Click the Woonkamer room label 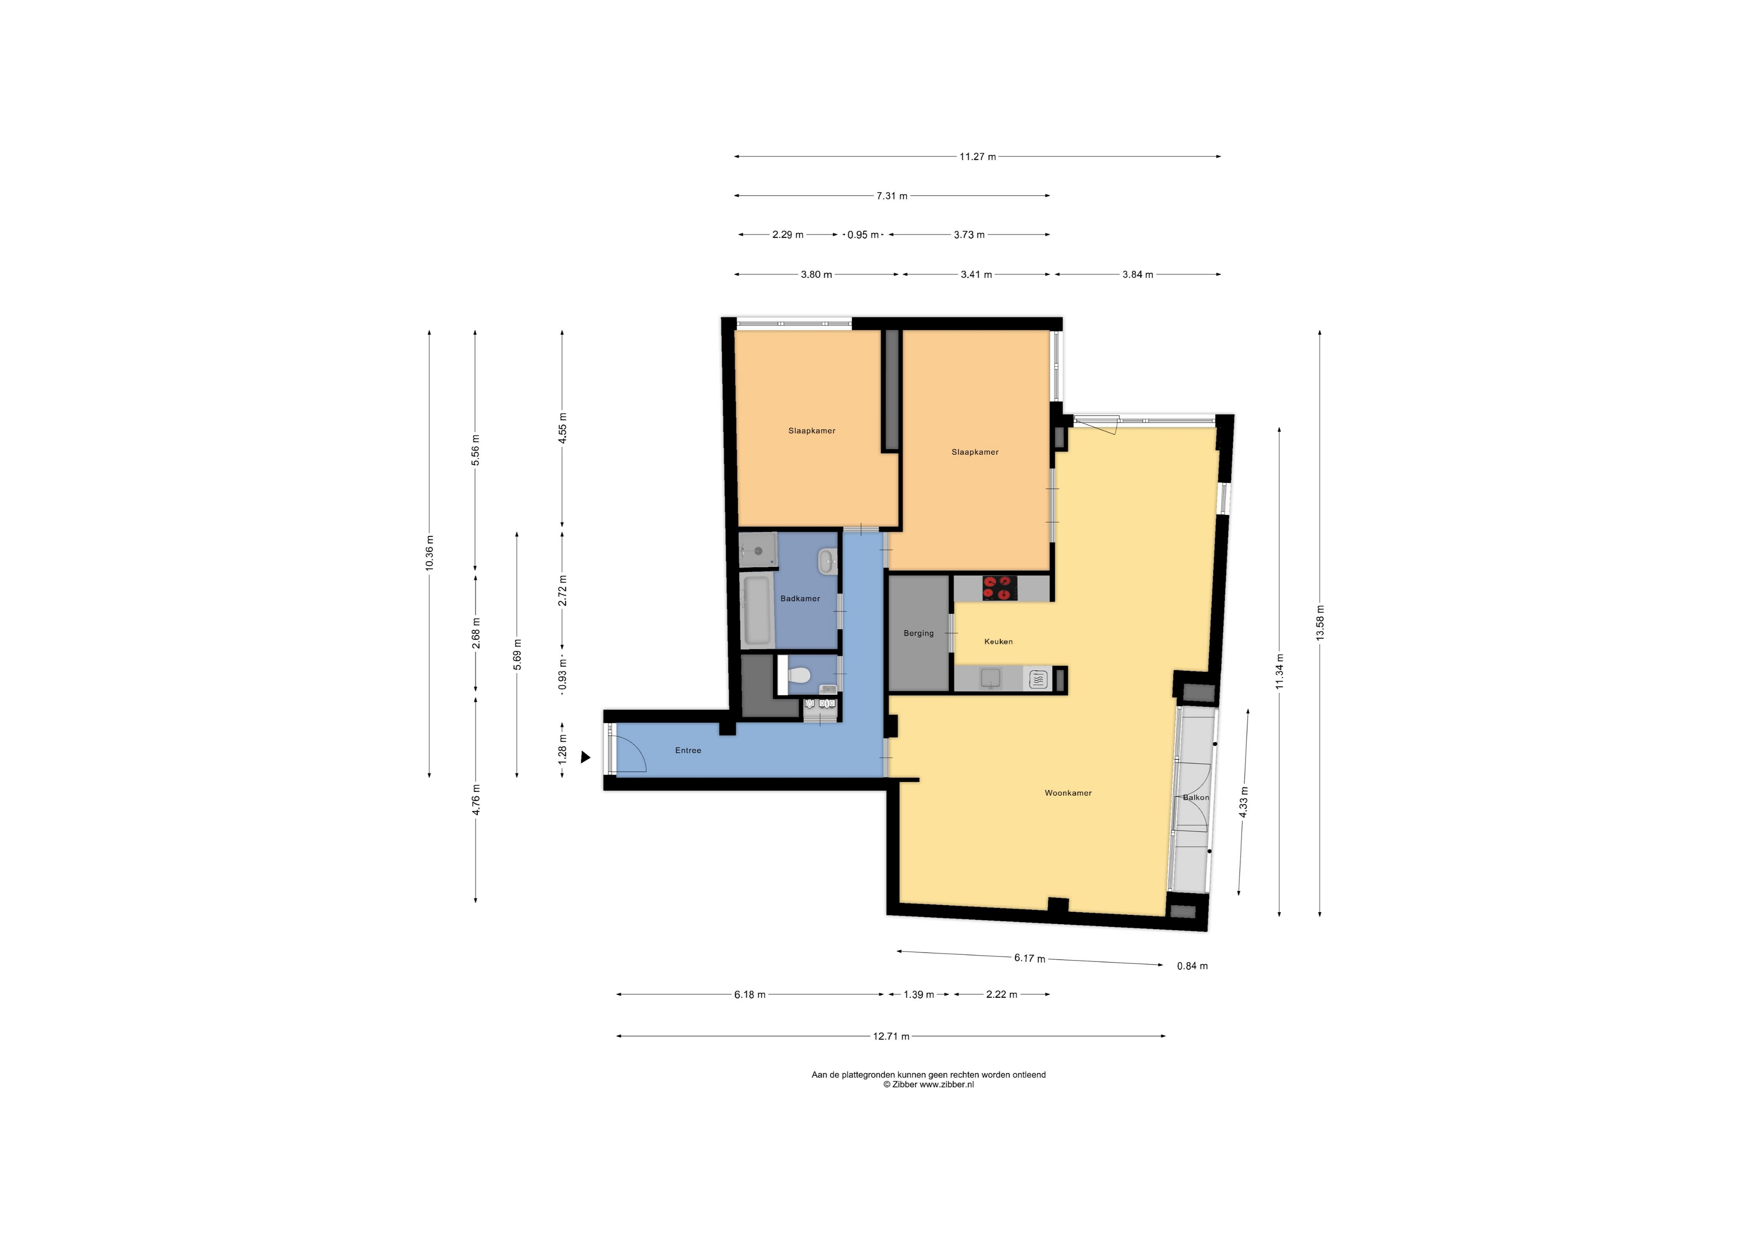tap(1068, 793)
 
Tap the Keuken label tap(998, 641)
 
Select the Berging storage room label tap(918, 633)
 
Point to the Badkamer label tap(800, 599)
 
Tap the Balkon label tap(1196, 797)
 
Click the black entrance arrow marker tap(586, 757)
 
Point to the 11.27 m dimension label tap(978, 156)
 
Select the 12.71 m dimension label tap(891, 1036)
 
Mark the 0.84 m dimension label tap(1192, 966)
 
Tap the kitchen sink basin tap(991, 678)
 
